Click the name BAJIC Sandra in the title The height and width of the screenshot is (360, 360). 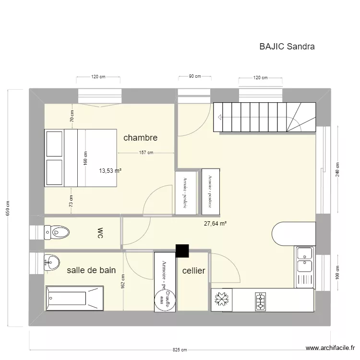pyautogui.click(x=287, y=47)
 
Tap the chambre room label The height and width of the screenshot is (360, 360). pyautogui.click(x=140, y=138)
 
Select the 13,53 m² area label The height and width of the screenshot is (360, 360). pyautogui.click(x=110, y=170)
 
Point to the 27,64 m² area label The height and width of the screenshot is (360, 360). pyautogui.click(x=215, y=223)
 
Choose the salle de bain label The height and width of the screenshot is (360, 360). pyautogui.click(x=91, y=270)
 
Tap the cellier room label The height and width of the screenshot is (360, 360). pyautogui.click(x=194, y=271)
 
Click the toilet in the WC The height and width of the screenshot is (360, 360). pyautogui.click(x=57, y=233)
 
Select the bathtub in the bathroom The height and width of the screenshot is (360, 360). pyautogui.click(x=74, y=298)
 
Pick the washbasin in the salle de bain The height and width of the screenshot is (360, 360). pyautogui.click(x=52, y=262)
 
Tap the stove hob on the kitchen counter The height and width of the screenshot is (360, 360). pyautogui.click(x=260, y=300)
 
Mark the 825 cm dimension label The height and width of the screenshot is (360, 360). pyautogui.click(x=180, y=350)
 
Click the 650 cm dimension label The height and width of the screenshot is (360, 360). pyautogui.click(x=8, y=208)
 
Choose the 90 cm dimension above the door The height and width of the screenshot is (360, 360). pyautogui.click(x=194, y=76)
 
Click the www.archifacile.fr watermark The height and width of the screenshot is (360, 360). pyautogui.click(x=330, y=348)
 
